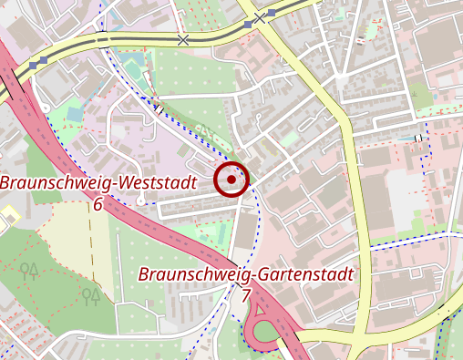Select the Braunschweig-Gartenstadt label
point(245,275)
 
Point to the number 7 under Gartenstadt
point(245,295)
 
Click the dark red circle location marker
point(231,180)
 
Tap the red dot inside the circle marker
point(231,180)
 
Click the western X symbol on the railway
point(183,41)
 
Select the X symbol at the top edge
point(260,18)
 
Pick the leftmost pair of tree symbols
point(29,270)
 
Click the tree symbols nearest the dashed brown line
point(90,295)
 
